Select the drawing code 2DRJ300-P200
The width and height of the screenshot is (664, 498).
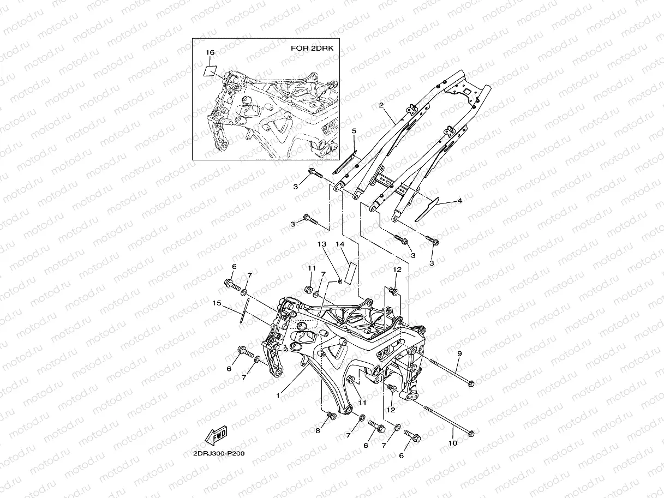(x=214, y=453)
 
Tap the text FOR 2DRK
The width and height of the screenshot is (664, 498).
(x=312, y=49)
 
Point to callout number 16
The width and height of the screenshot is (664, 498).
(x=210, y=52)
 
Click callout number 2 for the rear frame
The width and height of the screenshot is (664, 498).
(x=381, y=105)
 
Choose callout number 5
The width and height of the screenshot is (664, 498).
(x=354, y=131)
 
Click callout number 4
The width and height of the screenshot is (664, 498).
(x=459, y=201)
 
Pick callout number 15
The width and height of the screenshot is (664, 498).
(x=217, y=303)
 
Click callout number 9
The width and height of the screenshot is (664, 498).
(x=459, y=354)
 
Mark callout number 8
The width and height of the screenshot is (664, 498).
(x=318, y=431)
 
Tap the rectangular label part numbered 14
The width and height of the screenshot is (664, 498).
(x=351, y=272)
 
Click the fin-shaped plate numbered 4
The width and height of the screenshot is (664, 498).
(x=427, y=209)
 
